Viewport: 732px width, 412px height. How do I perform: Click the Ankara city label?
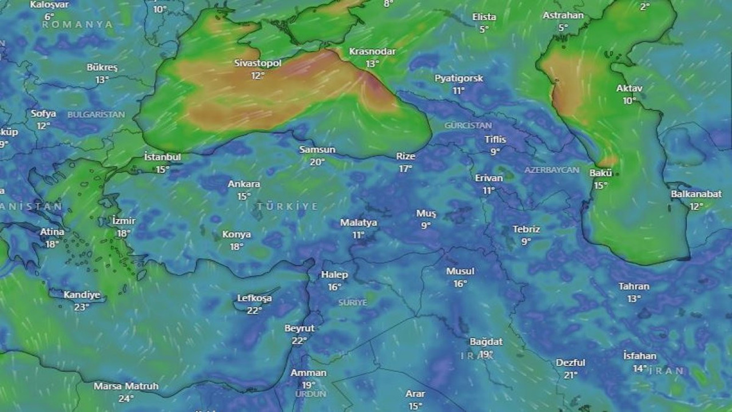tap(244, 184)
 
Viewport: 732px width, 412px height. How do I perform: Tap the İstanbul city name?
tap(162, 157)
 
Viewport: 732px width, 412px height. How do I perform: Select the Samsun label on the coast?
tap(317, 150)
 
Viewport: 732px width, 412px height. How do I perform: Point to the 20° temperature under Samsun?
tap(317, 162)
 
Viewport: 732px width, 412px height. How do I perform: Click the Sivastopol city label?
tap(258, 63)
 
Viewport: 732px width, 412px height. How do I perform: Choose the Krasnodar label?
tap(372, 51)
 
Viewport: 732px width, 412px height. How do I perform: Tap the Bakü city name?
tap(600, 173)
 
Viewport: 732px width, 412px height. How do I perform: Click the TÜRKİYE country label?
tap(287, 206)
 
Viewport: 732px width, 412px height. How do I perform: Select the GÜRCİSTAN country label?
tap(468, 125)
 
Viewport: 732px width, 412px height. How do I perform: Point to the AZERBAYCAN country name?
tap(552, 171)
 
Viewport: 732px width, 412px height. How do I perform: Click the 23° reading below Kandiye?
tap(81, 307)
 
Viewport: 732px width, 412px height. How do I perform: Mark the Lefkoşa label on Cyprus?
tap(254, 298)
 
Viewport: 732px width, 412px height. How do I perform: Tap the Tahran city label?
tap(634, 286)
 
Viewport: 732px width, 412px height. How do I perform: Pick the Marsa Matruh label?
tap(126, 386)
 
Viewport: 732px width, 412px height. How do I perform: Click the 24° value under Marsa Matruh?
tap(126, 398)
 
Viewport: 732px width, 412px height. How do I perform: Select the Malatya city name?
tap(359, 223)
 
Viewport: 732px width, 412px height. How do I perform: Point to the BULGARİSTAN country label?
tap(96, 114)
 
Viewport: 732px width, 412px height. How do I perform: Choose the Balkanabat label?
tap(696, 194)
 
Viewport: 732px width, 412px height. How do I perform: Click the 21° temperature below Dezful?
tap(570, 375)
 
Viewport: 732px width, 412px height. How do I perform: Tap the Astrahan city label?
tap(563, 15)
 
